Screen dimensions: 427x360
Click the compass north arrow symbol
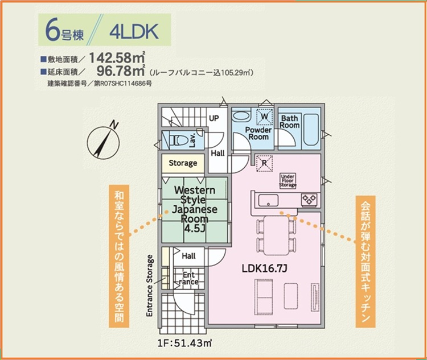pyautogui.click(x=103, y=142)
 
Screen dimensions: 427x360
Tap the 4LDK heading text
pyautogui.click(x=134, y=32)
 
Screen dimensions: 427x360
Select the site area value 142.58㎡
pyautogui.click(x=117, y=57)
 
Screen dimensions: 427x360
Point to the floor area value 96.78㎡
pyautogui.click(x=121, y=71)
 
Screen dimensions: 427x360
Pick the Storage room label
pyautogui.click(x=183, y=163)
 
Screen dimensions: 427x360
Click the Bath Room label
pyautogui.click(x=289, y=122)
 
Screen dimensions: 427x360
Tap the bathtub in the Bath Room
pyautogui.click(x=311, y=130)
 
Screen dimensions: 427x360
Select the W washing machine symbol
pyautogui.click(x=264, y=117)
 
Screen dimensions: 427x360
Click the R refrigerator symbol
pyautogui.click(x=264, y=163)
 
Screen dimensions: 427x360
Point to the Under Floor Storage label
pyautogui.click(x=288, y=181)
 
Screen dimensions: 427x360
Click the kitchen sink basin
pyautogui.click(x=268, y=200)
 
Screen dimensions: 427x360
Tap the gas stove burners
pyautogui.click(x=309, y=199)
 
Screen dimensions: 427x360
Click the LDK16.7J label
pyautogui.click(x=264, y=268)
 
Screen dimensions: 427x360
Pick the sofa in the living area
pyautogui.click(x=264, y=297)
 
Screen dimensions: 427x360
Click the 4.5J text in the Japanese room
pyautogui.click(x=195, y=229)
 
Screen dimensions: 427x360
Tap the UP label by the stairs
pyautogui.click(x=213, y=118)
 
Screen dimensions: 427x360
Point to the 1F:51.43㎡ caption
pyautogui.click(x=185, y=343)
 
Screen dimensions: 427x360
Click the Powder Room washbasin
pyautogui.click(x=241, y=116)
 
